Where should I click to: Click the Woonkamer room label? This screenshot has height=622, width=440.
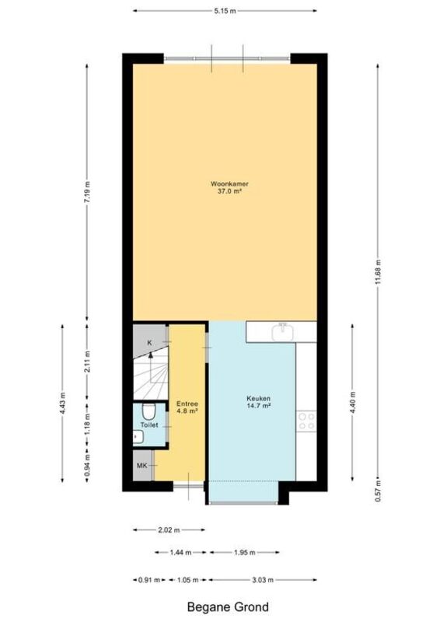[229, 184]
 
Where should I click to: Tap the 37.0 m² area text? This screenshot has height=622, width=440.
[229, 191]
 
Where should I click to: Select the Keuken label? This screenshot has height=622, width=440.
[258, 398]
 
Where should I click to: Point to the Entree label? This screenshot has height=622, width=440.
[187, 404]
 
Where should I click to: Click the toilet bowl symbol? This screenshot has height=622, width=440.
[148, 412]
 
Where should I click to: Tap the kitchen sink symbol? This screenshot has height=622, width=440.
[283, 332]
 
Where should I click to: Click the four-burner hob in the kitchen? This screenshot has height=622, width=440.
[307, 421]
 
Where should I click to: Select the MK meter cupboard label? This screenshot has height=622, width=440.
[142, 465]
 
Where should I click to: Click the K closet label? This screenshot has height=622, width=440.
[149, 343]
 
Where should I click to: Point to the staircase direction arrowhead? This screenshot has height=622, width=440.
[150, 355]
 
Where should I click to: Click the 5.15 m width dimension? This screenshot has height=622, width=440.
[225, 11]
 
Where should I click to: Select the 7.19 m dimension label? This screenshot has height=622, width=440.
[87, 191]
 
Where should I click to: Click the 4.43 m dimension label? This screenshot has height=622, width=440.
[62, 403]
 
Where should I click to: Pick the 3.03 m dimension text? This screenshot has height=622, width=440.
[263, 580]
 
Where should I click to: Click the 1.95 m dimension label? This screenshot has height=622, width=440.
[245, 552]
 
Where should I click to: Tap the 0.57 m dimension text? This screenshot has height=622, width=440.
[378, 491]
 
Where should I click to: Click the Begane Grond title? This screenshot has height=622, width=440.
[228, 607]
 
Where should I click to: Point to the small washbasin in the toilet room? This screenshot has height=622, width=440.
[138, 437]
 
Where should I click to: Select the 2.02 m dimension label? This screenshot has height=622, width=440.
[169, 529]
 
